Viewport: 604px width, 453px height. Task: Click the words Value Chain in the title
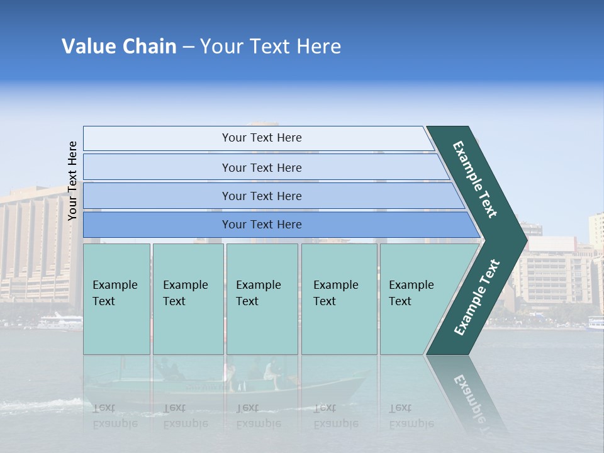(x=119, y=47)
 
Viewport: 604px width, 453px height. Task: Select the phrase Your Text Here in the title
(x=271, y=47)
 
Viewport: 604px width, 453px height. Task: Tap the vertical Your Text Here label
(x=72, y=181)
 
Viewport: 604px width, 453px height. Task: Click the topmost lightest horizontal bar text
(x=262, y=138)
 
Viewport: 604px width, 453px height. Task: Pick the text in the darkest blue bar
(x=262, y=225)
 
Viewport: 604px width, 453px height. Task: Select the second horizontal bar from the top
(x=262, y=167)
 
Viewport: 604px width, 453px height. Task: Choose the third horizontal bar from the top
(x=262, y=196)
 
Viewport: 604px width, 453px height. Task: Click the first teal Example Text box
(x=116, y=299)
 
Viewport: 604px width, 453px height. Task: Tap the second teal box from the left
(x=187, y=299)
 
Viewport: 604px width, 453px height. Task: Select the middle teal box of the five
(x=262, y=299)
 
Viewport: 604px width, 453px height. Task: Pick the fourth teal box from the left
(x=338, y=299)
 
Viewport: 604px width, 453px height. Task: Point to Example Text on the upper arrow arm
(x=475, y=179)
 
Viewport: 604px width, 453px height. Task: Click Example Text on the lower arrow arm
(x=476, y=298)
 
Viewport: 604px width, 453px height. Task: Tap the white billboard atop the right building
(x=552, y=243)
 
